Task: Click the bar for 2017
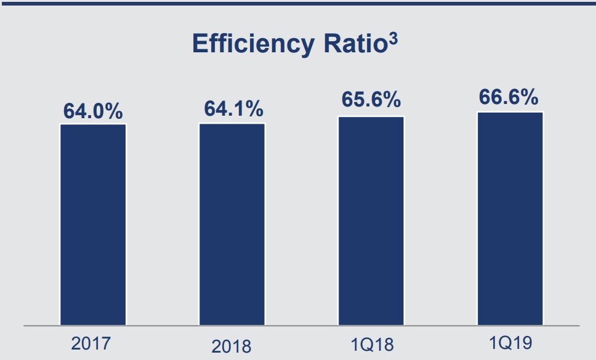click(93, 225)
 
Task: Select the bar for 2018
click(232, 224)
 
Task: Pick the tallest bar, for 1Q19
click(509, 218)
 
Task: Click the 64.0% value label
click(94, 112)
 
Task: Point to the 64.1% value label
click(233, 109)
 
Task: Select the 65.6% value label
click(371, 100)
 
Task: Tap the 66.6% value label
click(509, 97)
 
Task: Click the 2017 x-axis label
click(93, 343)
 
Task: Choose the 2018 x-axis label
click(232, 346)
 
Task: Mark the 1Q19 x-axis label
click(510, 342)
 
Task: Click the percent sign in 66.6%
click(528, 97)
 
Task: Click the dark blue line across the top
click(298, 2)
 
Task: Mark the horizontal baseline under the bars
click(298, 325)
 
